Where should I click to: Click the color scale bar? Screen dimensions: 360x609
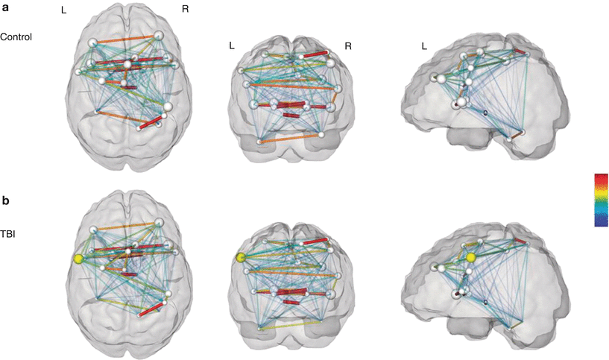click(601, 199)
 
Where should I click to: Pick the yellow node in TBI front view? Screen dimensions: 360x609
click(241, 258)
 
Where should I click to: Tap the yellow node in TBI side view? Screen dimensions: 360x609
click(471, 258)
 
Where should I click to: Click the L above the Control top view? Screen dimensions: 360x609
click(65, 10)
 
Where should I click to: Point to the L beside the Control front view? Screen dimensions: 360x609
click(232, 46)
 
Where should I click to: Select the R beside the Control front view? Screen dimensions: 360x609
click(347, 46)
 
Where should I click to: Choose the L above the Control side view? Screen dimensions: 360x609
click(424, 46)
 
